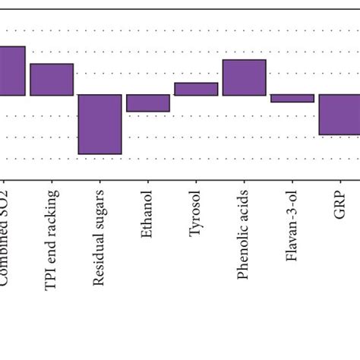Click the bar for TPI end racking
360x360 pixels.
pyautogui.click(x=52, y=80)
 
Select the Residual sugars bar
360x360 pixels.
pyautogui.click(x=99, y=124)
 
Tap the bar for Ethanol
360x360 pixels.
pyautogui.click(x=147, y=103)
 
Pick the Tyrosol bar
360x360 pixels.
pyautogui.click(x=196, y=89)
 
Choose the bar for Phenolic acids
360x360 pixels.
pyautogui.click(x=244, y=77)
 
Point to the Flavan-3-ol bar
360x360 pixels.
pyautogui.click(x=292, y=98)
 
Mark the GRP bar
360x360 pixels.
pyautogui.click(x=339, y=115)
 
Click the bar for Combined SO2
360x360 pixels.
pyautogui.click(x=12, y=71)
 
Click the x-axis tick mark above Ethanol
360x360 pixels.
pyautogui.click(x=147, y=183)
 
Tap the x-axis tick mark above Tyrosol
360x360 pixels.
pyautogui.click(x=196, y=183)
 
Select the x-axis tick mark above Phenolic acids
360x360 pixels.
pyautogui.click(x=244, y=183)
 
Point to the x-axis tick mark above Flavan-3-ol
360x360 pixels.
pyautogui.click(x=292, y=183)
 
